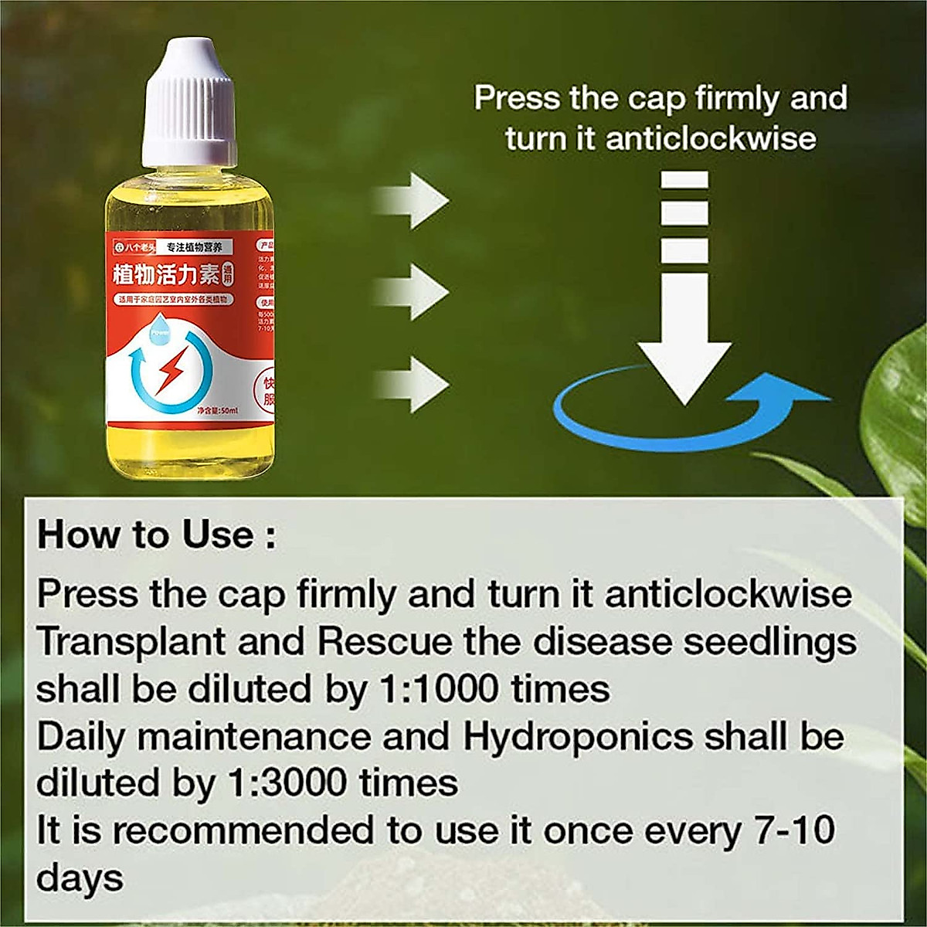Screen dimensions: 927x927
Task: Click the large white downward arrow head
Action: (x=684, y=370)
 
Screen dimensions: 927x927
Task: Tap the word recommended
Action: (x=243, y=831)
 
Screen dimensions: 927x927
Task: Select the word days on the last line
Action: (x=80, y=878)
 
